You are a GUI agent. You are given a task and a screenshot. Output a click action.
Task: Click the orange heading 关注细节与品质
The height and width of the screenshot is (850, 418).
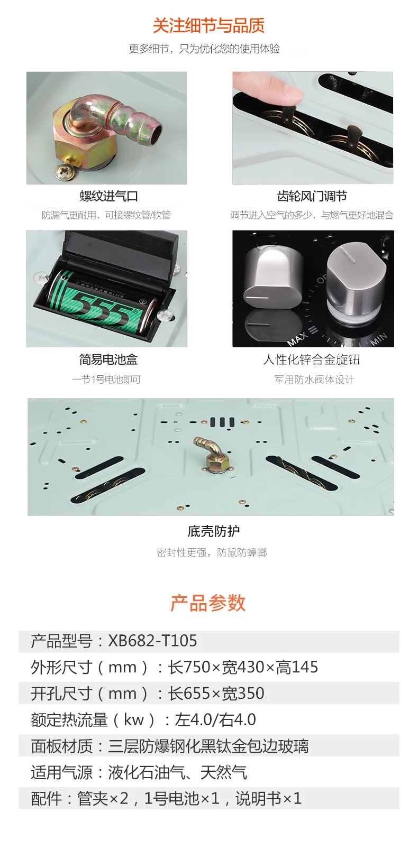(x=208, y=26)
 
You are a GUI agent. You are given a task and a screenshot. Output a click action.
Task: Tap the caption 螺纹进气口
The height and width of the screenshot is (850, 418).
(x=108, y=196)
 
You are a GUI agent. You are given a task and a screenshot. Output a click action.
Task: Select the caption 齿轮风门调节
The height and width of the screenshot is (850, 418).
(x=312, y=196)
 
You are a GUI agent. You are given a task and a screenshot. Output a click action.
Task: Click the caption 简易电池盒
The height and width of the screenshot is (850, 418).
(x=108, y=359)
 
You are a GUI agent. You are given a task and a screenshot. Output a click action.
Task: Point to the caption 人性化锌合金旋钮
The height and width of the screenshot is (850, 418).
(x=312, y=359)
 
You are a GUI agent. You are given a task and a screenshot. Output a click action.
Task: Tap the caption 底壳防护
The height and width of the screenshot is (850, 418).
(x=214, y=531)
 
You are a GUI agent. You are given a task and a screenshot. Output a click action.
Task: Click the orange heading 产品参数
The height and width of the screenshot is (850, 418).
(x=208, y=603)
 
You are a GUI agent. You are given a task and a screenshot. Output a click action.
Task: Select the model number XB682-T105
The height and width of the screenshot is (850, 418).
(x=153, y=641)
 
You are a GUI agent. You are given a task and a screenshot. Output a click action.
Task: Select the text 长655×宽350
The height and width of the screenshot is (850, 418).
(x=216, y=694)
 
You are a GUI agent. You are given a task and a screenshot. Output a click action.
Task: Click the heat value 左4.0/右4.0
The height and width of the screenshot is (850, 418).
(x=215, y=720)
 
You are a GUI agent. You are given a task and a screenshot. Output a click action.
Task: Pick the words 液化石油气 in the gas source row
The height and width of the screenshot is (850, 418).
(x=143, y=772)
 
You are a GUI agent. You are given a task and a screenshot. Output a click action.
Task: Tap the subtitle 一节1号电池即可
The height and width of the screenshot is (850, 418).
(x=107, y=379)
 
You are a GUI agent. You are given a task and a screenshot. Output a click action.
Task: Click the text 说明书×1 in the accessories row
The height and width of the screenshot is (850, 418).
(x=269, y=799)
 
